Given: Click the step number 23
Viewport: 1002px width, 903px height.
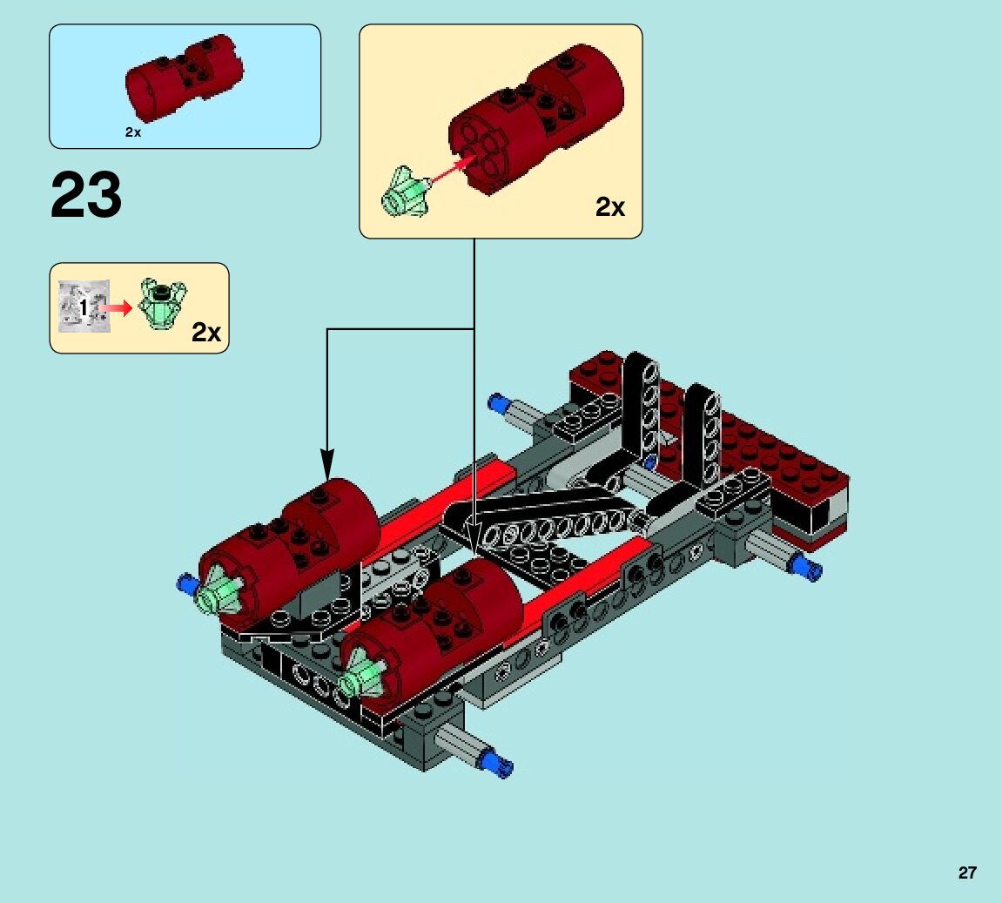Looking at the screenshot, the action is pyautogui.click(x=85, y=195).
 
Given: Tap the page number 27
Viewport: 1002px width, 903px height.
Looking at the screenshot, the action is pyautogui.click(x=967, y=873).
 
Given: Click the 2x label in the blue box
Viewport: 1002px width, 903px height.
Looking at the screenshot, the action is pyautogui.click(x=133, y=132).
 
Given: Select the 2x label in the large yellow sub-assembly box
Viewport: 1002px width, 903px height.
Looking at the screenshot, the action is pyautogui.click(x=609, y=207).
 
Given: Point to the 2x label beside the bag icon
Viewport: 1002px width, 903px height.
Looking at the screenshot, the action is pyautogui.click(x=205, y=333).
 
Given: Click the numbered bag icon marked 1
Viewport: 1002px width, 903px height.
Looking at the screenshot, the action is pyautogui.click(x=84, y=307).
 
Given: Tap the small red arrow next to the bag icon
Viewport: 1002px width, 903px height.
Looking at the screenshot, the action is pyautogui.click(x=117, y=308).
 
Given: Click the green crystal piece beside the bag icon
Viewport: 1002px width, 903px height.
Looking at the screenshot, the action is pyautogui.click(x=162, y=303).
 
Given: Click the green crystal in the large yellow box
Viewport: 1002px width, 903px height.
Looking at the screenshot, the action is pyautogui.click(x=405, y=192).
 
